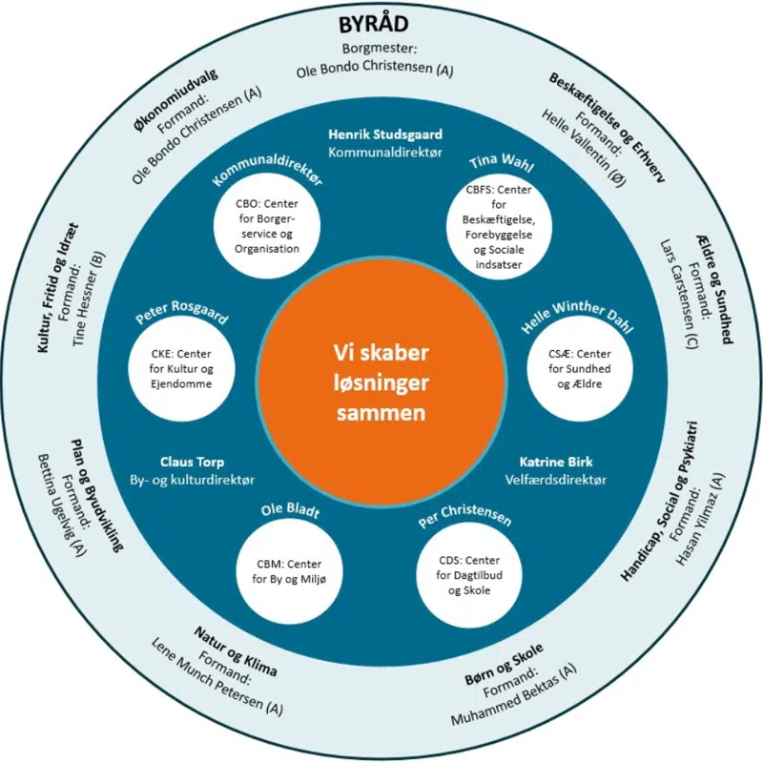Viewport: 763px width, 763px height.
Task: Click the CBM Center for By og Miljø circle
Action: pos(283,570)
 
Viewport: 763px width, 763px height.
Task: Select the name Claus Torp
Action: pos(192,463)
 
